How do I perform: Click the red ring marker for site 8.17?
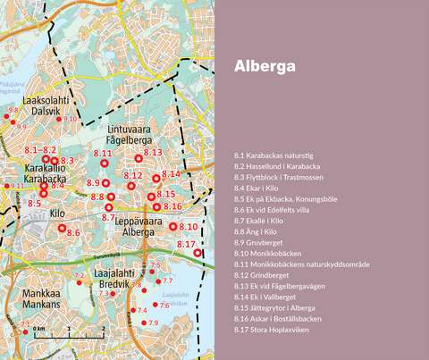198,254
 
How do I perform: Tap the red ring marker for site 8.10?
172,227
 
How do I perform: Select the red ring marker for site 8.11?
104,163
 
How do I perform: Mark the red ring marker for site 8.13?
139,159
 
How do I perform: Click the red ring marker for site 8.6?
62,229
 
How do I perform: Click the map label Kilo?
57,213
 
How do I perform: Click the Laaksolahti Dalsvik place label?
46,106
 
